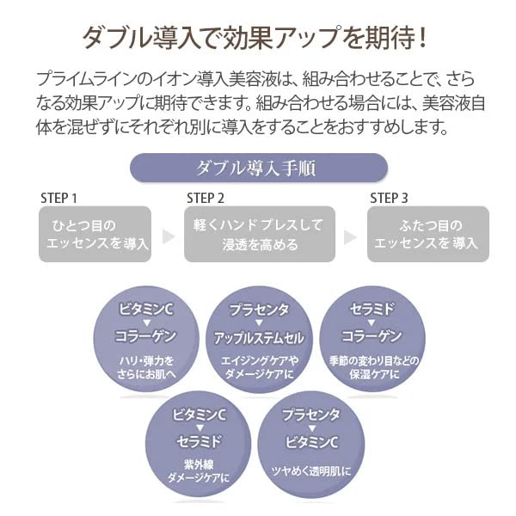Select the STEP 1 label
click(59, 199)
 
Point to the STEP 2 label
click(206, 199)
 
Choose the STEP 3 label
click(390, 199)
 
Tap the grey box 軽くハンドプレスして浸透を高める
click(259, 234)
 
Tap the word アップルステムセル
click(260, 336)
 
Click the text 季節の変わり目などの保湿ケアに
click(372, 366)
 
